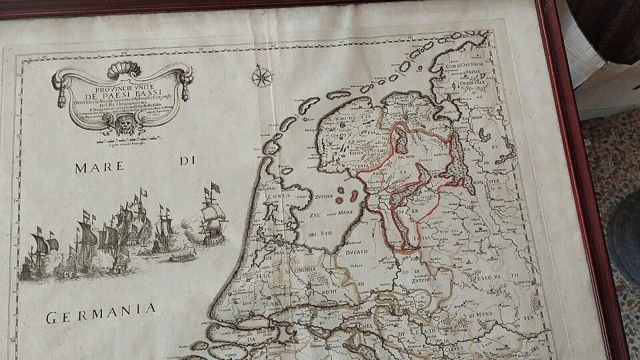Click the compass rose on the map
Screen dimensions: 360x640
(262, 77)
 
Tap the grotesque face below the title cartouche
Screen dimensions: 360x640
(122, 124)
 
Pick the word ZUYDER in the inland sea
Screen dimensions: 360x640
(323, 196)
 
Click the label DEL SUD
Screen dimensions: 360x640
(320, 234)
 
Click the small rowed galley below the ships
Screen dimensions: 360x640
(182, 257)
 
